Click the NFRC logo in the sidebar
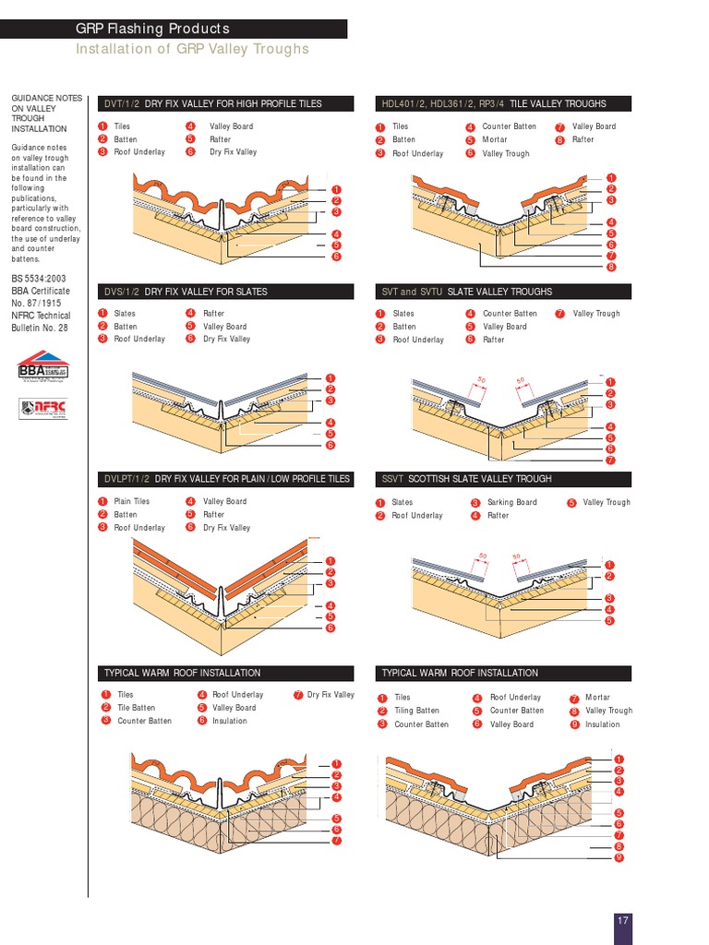[x=42, y=407]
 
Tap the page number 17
[x=623, y=920]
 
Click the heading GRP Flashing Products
[x=152, y=30]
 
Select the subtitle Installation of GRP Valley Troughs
[x=192, y=49]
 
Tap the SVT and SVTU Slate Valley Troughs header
[x=466, y=292]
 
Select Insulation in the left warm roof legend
[x=229, y=721]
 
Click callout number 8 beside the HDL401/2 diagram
[x=611, y=267]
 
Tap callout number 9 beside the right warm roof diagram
[x=618, y=857]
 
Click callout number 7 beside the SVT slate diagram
[x=610, y=460]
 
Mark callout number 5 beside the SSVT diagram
[x=609, y=621]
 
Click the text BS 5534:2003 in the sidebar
[x=38, y=279]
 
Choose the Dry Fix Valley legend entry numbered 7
[x=330, y=695]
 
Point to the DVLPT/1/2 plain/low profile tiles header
[x=227, y=479]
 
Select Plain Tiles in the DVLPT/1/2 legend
[x=131, y=501]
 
